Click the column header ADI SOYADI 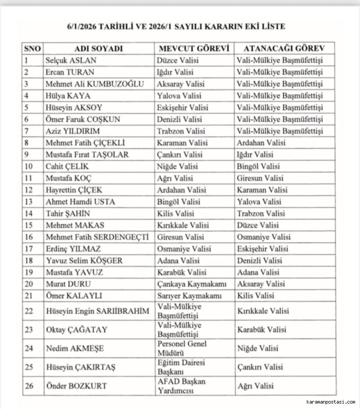[99, 49]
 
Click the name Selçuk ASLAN [71, 60]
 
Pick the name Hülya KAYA [68, 96]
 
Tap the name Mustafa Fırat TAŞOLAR [87, 155]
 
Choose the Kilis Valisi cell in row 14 [175, 213]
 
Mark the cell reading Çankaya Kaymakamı [192, 284]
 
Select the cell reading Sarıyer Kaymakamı [190, 296]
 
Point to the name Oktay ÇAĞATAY [76, 330]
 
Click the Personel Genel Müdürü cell [182, 348]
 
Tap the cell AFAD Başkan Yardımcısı [181, 386]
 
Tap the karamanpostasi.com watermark [330, 402]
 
